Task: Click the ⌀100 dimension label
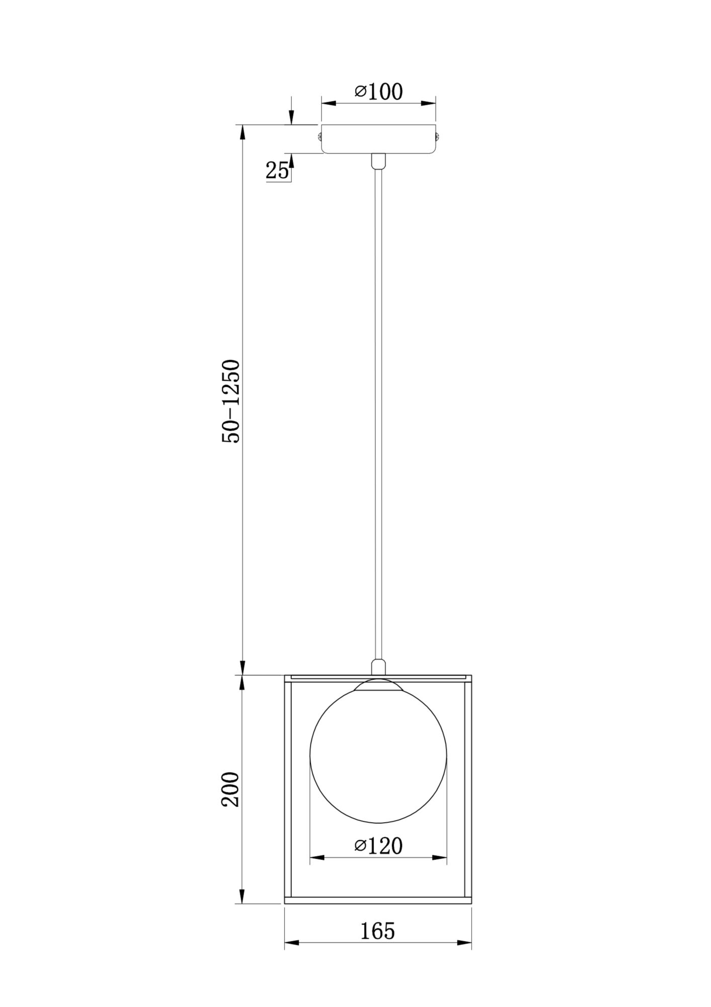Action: coord(378,92)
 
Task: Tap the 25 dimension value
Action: coord(277,171)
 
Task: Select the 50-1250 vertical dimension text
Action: coord(232,401)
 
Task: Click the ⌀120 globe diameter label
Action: coord(378,846)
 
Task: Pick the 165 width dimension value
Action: coord(378,931)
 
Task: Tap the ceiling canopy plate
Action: coord(378,138)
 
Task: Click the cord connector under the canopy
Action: coord(378,161)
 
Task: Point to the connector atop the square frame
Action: coord(378,667)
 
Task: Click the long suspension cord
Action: coord(378,403)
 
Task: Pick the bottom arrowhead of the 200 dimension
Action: coord(242,896)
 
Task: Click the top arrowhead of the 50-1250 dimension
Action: coord(242,132)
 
